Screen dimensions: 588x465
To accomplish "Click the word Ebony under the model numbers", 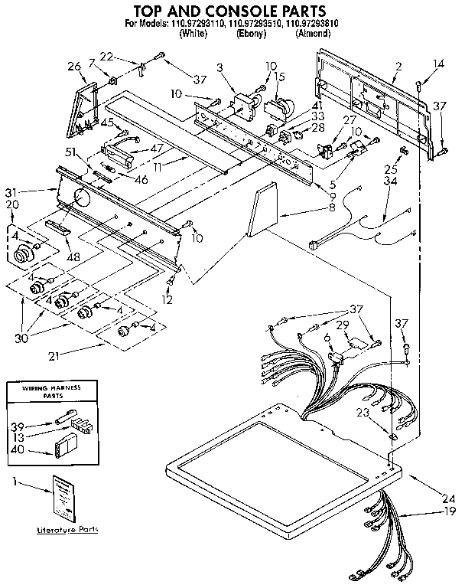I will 251,34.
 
